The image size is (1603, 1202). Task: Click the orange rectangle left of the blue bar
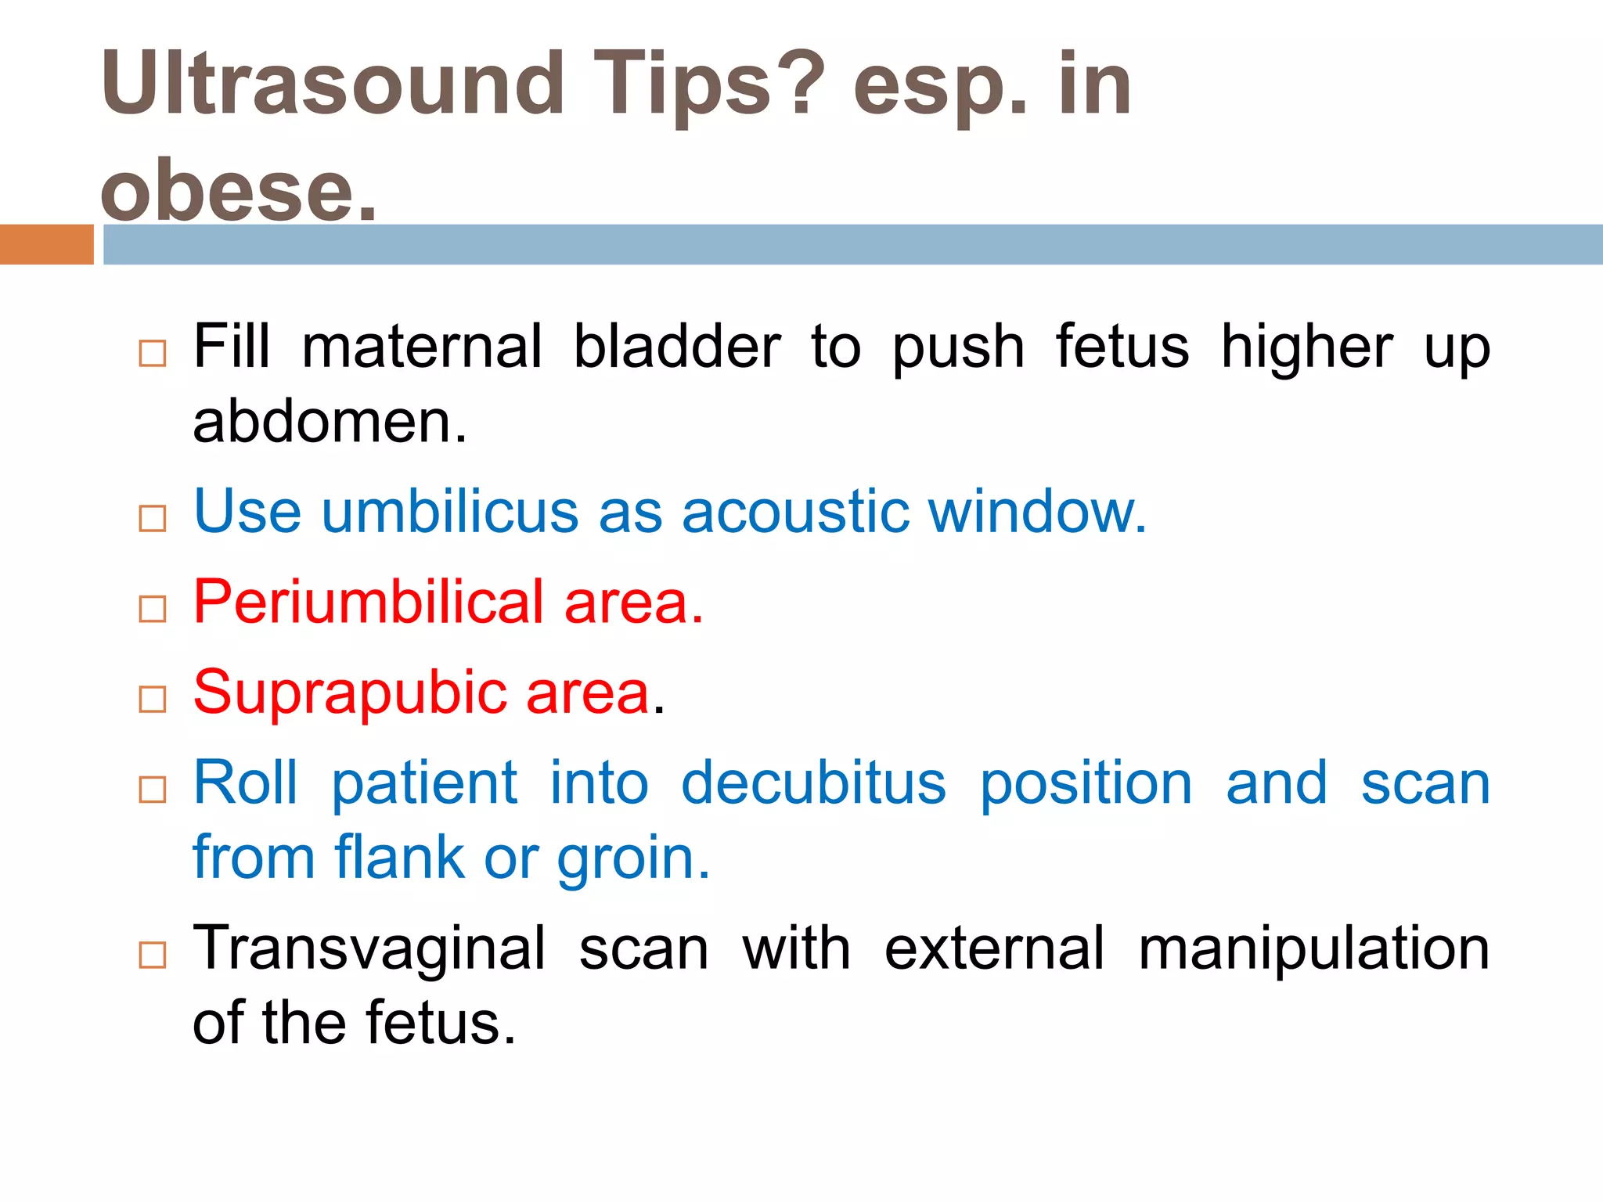(46, 244)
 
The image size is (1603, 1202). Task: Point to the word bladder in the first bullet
(677, 347)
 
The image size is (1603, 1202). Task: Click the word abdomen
(329, 422)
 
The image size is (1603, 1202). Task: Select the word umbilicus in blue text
(450, 512)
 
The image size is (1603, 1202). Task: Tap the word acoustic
(795, 512)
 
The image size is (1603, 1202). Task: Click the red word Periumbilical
(369, 602)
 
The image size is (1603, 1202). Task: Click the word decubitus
(813, 783)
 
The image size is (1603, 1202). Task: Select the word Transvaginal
(369, 948)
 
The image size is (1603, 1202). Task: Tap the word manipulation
(1313, 948)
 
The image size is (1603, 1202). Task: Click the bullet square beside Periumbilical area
(153, 608)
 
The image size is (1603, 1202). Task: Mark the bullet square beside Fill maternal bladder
(153, 353)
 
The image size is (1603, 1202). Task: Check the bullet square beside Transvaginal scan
(153, 955)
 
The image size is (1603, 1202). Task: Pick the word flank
(400, 858)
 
